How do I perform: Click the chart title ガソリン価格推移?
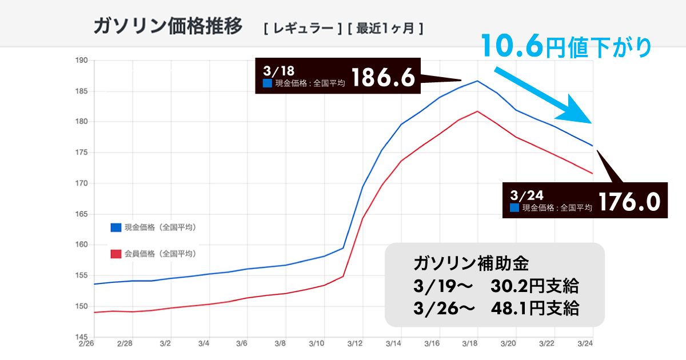coord(167,26)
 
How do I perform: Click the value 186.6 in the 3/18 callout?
coord(382,78)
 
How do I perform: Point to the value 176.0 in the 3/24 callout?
coord(629,202)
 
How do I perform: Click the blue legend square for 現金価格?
coord(116,227)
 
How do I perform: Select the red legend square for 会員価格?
coord(116,254)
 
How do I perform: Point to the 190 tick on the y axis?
coord(79,60)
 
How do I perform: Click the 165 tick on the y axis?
coord(79,214)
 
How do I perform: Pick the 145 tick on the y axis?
coord(79,337)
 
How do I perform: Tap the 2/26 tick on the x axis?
coord(86,345)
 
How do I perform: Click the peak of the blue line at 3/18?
coord(477,81)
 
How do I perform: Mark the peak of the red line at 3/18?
coord(477,111)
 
